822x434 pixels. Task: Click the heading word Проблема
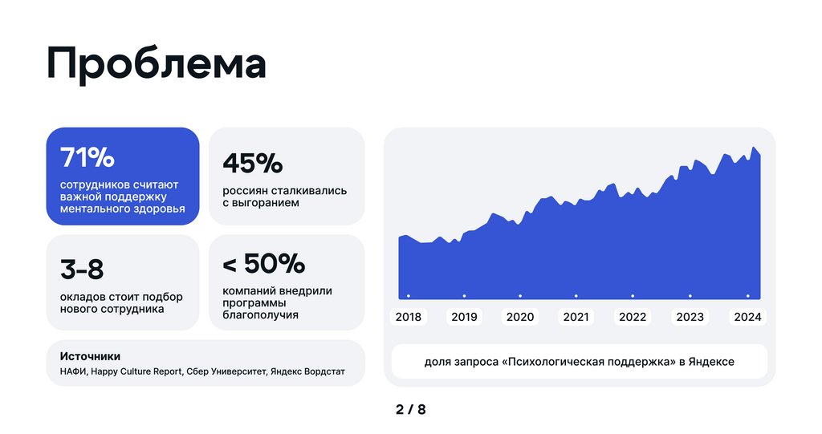156,64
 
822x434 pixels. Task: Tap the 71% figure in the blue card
87,158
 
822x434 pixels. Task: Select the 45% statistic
253,163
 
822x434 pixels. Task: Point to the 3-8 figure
82,270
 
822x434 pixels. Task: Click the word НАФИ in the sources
73,371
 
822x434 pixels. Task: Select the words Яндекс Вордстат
308,371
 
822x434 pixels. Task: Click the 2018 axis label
408,317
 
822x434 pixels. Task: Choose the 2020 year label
520,317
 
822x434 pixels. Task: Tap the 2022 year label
633,317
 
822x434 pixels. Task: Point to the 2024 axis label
747,317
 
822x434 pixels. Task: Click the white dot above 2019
465,296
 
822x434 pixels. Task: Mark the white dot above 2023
690,296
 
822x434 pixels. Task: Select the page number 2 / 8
410,410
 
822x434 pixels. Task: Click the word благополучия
260,315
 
